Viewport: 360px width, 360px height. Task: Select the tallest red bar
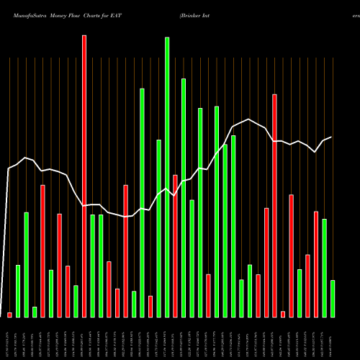click(x=84, y=176)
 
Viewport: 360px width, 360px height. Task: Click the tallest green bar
click(x=167, y=177)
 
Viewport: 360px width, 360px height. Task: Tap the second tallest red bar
click(x=274, y=205)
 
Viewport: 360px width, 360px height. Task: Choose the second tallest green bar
click(x=184, y=198)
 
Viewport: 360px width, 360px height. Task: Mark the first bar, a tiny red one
click(x=9, y=315)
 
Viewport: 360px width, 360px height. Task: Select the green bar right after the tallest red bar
click(x=92, y=266)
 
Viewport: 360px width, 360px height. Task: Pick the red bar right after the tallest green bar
click(x=175, y=246)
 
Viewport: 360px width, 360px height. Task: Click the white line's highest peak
click(x=248, y=120)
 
